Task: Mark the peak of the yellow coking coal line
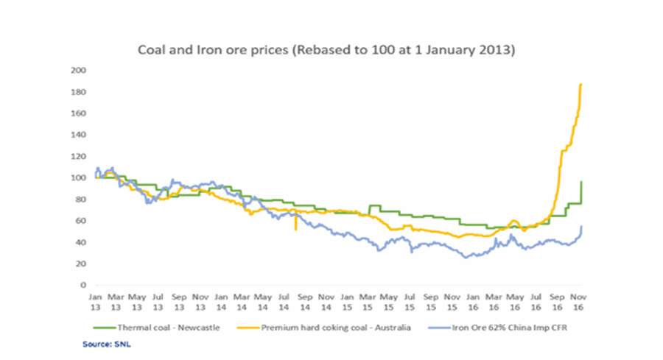pyautogui.click(x=581, y=84)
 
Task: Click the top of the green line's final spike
pyautogui.click(x=582, y=181)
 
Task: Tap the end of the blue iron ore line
pyautogui.click(x=582, y=226)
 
